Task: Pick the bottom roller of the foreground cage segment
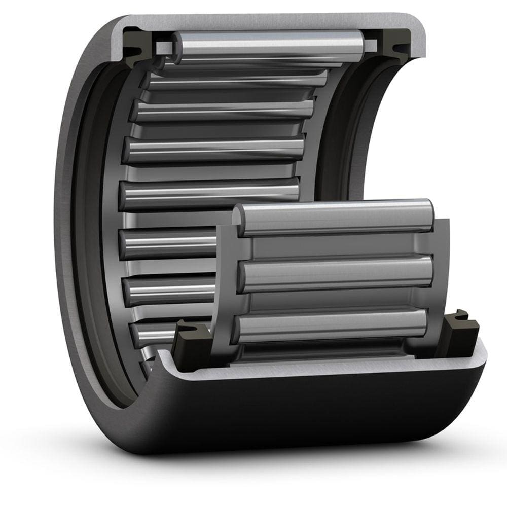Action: (332, 324)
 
